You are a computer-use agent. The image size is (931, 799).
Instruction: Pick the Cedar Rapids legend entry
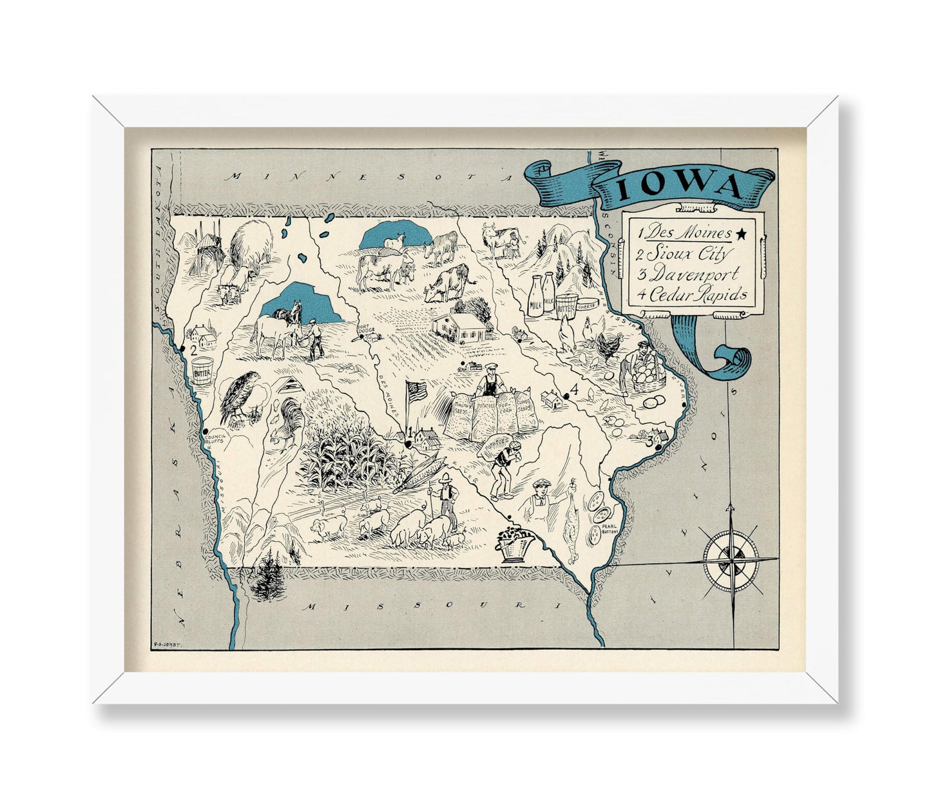click(x=692, y=295)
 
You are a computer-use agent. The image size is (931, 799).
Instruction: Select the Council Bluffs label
click(x=214, y=439)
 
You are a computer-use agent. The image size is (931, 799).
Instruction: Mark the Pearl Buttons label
click(x=609, y=529)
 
